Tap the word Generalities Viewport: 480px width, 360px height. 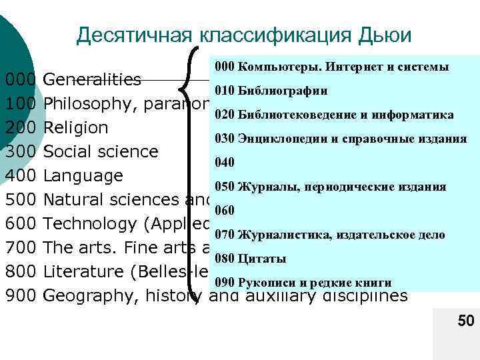[x=91, y=80]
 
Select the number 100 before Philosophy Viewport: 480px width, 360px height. [x=20, y=104]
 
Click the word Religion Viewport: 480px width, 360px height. [x=75, y=128]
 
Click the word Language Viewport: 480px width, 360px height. [x=83, y=176]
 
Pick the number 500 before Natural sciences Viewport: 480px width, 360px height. [x=20, y=199]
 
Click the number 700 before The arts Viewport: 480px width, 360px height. [x=20, y=248]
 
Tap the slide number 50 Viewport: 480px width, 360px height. [x=465, y=323]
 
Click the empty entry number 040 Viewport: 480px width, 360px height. [x=224, y=163]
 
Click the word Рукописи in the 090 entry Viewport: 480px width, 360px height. [x=265, y=283]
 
